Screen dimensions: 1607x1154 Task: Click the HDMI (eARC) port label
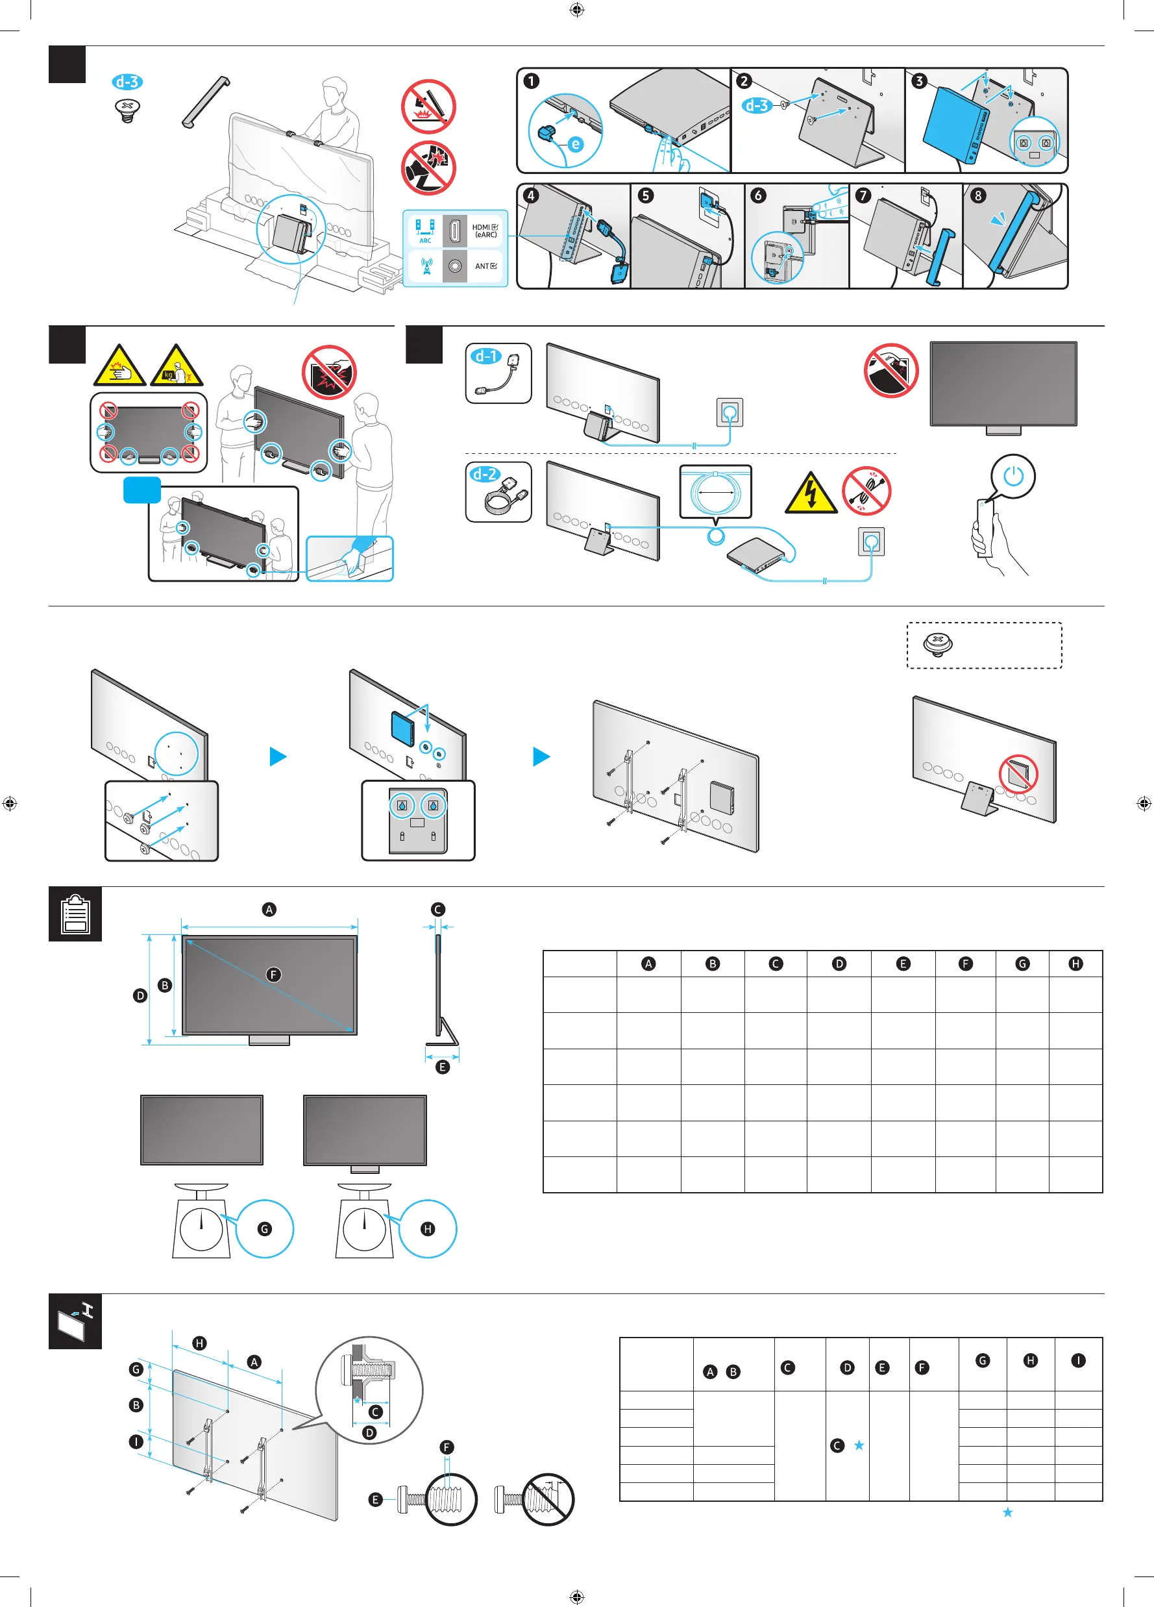pyautogui.click(x=485, y=231)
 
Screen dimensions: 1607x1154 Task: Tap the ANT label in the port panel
pyautogui.click(x=485, y=266)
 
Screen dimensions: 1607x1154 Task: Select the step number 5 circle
pyautogui.click(x=645, y=195)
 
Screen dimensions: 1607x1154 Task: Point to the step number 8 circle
pyautogui.click(x=977, y=195)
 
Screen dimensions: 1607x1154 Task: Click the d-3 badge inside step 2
pyautogui.click(x=756, y=106)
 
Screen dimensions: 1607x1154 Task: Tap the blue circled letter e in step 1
pyautogui.click(x=576, y=145)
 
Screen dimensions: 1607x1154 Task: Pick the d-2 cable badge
pyautogui.click(x=485, y=474)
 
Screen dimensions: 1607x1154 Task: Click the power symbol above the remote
pyautogui.click(x=1013, y=476)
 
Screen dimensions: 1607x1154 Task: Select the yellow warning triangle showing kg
pyautogui.click(x=177, y=367)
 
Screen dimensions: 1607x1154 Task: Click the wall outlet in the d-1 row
pyautogui.click(x=730, y=412)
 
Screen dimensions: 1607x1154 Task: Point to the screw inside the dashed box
pyautogui.click(x=938, y=644)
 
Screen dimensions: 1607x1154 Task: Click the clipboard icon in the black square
pyautogui.click(x=75, y=914)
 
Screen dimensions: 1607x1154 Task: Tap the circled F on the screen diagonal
pyautogui.click(x=273, y=975)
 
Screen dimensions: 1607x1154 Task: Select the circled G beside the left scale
pyautogui.click(x=264, y=1228)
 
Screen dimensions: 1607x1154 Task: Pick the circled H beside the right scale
pyautogui.click(x=428, y=1228)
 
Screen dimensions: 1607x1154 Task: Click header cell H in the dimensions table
pyautogui.click(x=1075, y=964)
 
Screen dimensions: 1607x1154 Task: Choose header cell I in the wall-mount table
pyautogui.click(x=1078, y=1360)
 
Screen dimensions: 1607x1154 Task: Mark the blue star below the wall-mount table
pyautogui.click(x=1007, y=1512)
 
